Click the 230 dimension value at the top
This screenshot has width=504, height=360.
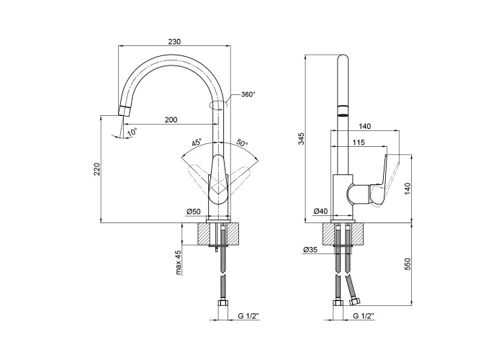coord(175,42)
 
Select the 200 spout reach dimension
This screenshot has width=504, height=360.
coord(171,120)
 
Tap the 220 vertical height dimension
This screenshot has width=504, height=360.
coord(96,169)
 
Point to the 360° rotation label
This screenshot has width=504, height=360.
coord(248,94)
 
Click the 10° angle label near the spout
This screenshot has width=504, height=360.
coord(132,132)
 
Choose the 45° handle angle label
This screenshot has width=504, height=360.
coord(197,142)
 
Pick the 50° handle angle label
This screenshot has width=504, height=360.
coord(243,142)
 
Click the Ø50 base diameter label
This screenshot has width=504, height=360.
coord(194,211)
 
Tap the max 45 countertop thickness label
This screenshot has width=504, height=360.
coord(179,263)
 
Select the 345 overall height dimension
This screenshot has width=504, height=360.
coord(301,138)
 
